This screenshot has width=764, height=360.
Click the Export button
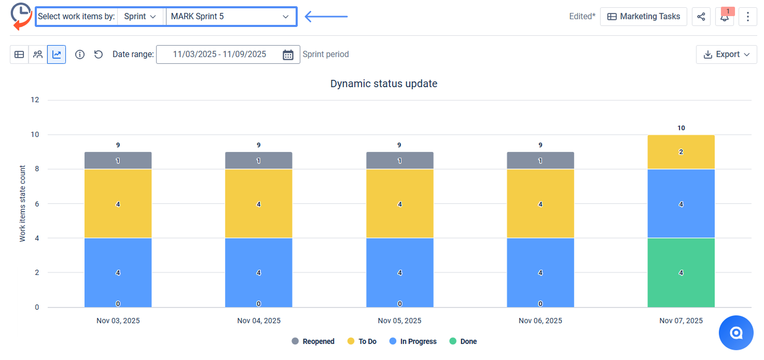point(726,54)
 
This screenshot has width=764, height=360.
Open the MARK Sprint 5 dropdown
point(230,17)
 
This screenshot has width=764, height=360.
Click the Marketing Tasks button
point(643,17)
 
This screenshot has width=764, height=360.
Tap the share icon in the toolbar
point(701,17)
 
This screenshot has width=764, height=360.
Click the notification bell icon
point(725,17)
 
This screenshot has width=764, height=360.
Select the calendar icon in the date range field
point(288,54)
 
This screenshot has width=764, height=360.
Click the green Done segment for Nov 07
point(681,272)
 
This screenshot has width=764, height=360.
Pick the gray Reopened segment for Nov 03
point(118,161)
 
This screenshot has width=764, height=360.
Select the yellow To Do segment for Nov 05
point(399,204)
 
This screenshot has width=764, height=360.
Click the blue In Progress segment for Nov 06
point(540,272)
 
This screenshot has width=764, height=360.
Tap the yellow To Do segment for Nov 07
point(681,152)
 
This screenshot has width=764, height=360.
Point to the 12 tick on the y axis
point(35,100)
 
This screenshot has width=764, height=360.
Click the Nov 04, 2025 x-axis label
point(258,321)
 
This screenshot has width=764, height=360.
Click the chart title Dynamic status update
point(384,84)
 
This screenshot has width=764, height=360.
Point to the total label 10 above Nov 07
point(681,128)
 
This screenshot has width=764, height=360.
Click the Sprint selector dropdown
point(140,17)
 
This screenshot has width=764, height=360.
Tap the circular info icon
point(80,54)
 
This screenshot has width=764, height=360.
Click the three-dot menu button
point(747,17)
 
